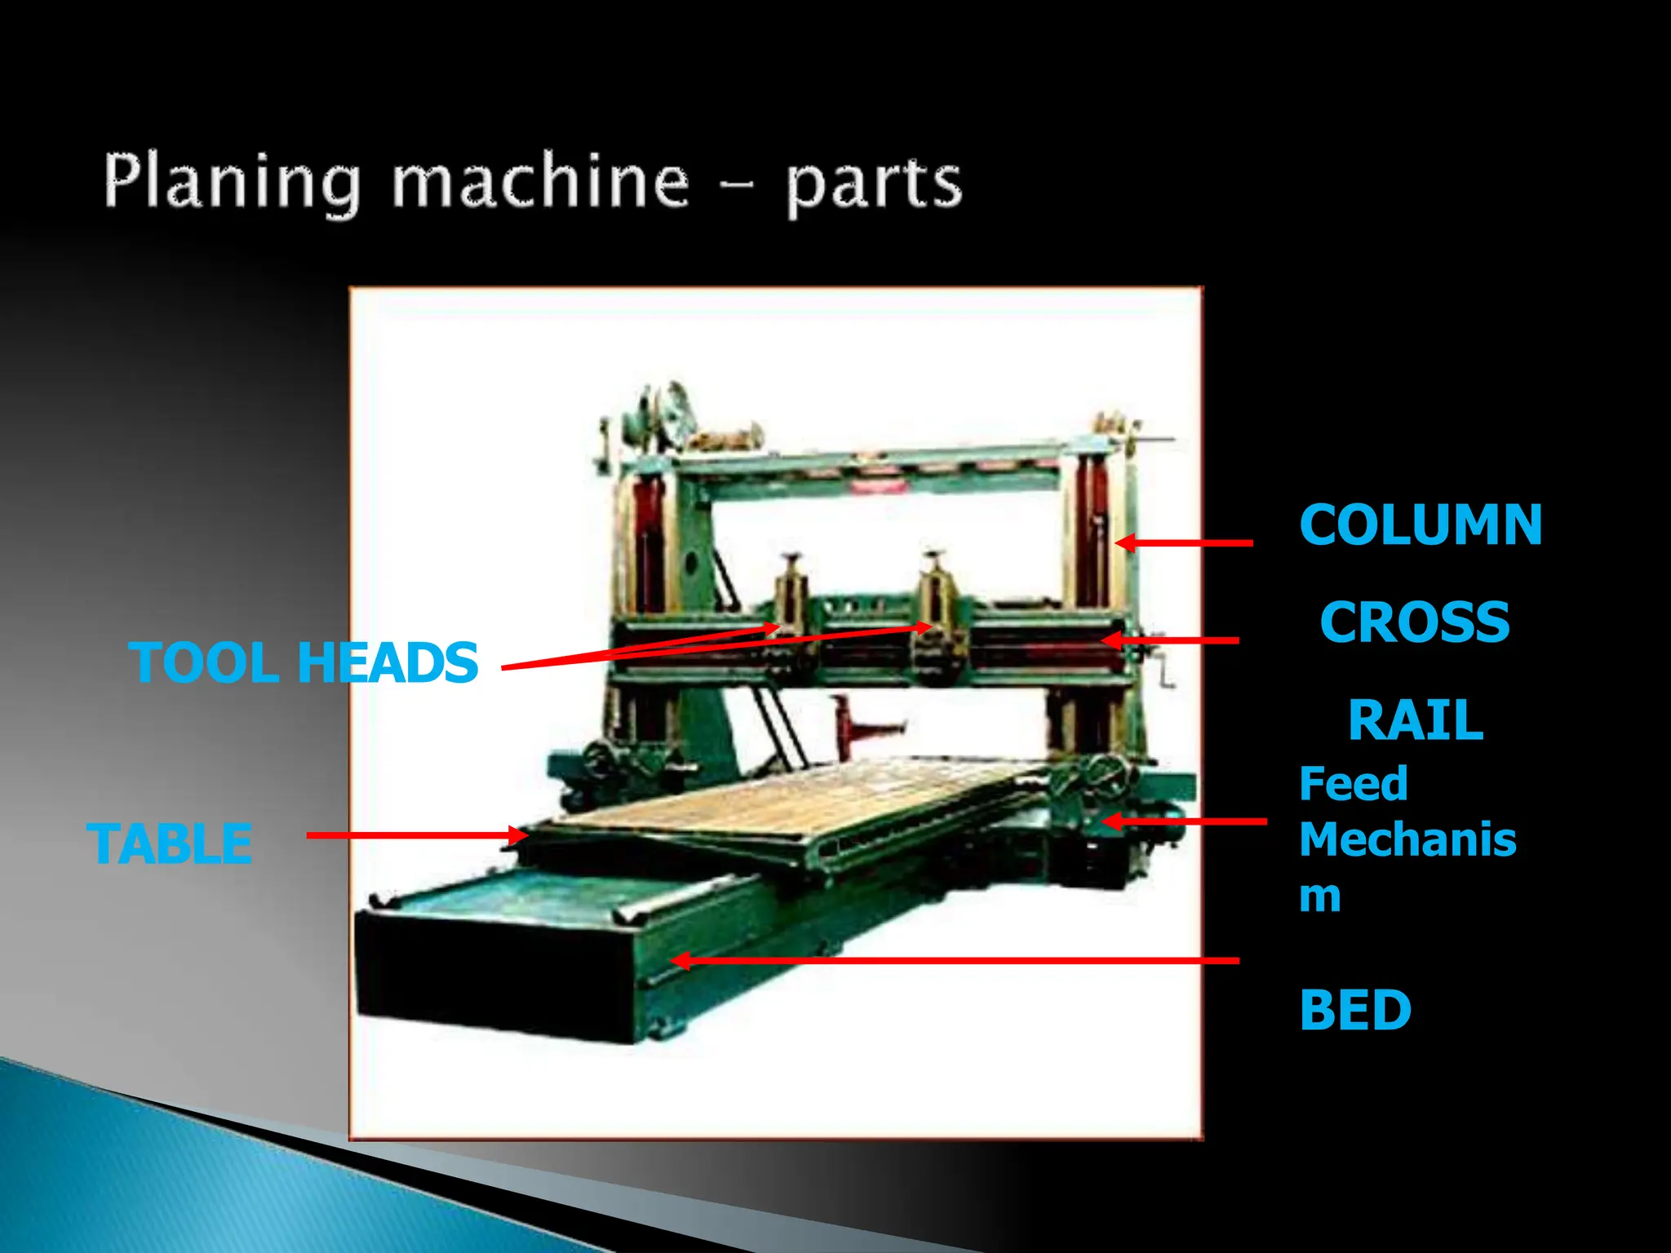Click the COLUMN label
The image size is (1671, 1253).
coord(1420,525)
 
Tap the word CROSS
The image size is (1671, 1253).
coord(1415,622)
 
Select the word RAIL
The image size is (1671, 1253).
coord(1415,720)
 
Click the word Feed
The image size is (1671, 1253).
coord(1353,784)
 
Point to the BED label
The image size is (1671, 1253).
coord(1354,1010)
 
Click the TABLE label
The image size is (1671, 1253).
coord(169,843)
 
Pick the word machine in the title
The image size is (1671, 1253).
coord(540,181)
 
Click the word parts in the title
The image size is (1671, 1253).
coord(874,184)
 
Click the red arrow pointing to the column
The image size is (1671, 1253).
coord(1187,542)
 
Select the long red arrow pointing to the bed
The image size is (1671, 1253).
coord(955,961)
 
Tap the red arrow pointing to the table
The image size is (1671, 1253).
coord(416,835)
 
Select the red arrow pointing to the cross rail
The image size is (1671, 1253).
coord(1175,640)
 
